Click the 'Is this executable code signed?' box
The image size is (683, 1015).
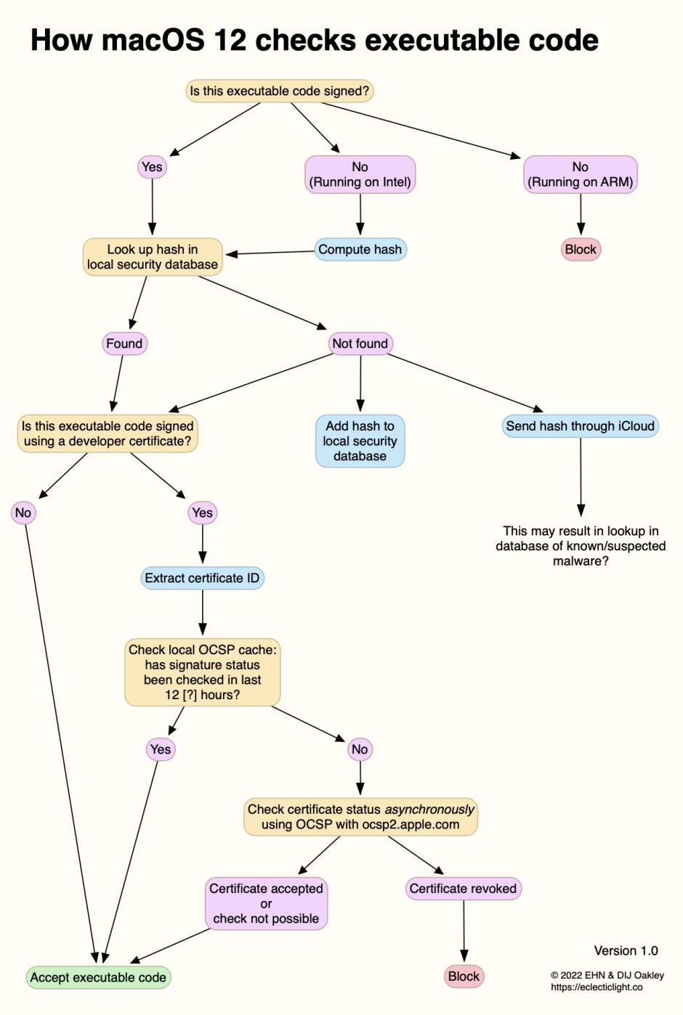coord(280,91)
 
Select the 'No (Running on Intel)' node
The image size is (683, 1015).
coord(360,175)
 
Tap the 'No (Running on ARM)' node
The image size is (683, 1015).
coord(580,175)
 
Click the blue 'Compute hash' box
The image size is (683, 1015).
coord(360,250)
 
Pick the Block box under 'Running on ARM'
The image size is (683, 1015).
coord(581,250)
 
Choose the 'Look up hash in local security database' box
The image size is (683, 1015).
coord(152,257)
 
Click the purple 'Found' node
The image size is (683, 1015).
coord(124,343)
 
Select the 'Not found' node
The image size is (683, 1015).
coord(360,343)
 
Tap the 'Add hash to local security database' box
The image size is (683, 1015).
coord(360,441)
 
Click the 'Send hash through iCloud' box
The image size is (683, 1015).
coord(580,426)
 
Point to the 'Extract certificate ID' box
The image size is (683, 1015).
coord(202,579)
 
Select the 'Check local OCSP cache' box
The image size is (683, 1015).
coord(202,672)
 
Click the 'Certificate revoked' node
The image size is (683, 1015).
coord(463,889)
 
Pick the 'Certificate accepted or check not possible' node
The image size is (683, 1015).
coord(266,904)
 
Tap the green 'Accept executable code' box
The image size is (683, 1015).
coord(98,978)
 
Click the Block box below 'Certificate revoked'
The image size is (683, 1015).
coord(464,977)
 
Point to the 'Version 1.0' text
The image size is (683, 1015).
coord(626,951)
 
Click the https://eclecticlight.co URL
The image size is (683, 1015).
coord(597,987)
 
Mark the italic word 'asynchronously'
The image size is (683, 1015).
coord(429,810)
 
